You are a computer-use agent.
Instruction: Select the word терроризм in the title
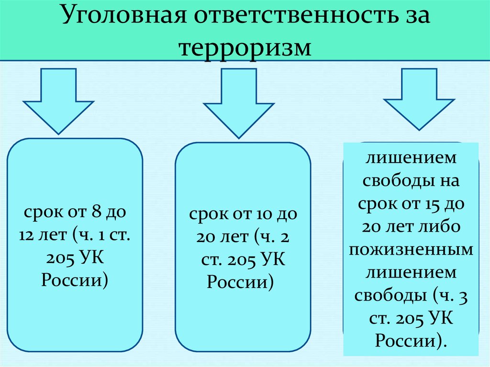click(x=245, y=47)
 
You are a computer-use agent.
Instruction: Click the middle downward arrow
click(x=238, y=103)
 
